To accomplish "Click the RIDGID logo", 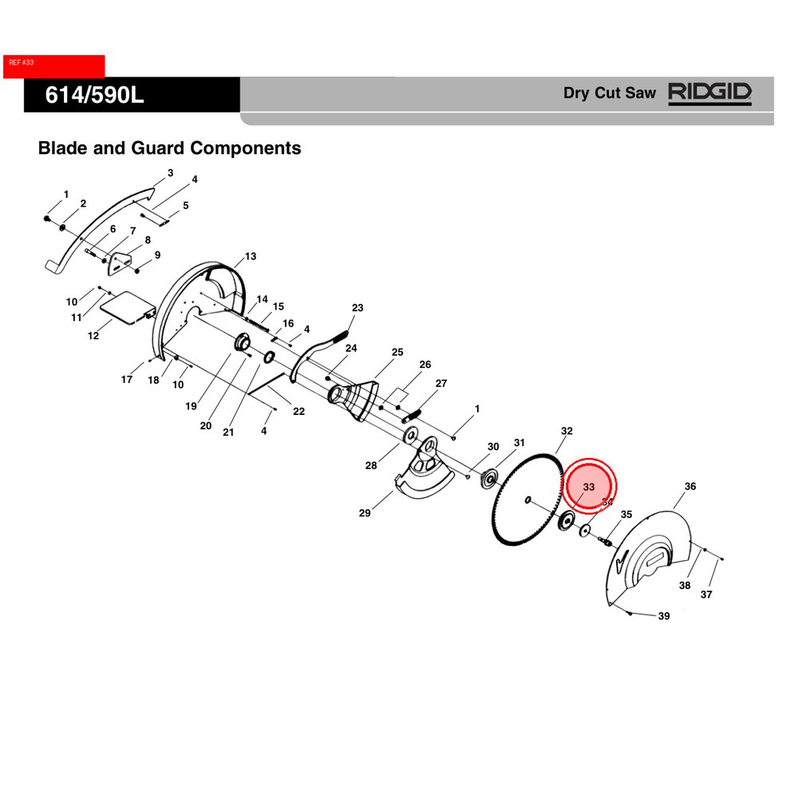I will (709, 93).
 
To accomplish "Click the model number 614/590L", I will (94, 96).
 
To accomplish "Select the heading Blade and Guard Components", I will (169, 148).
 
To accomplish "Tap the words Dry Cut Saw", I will (610, 93).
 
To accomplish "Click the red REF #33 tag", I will (53, 66).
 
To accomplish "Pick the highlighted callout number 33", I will (589, 487).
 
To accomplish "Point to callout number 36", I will (690, 486).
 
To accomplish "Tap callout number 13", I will (251, 256).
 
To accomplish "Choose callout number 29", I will (365, 513).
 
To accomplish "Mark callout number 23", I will (358, 308).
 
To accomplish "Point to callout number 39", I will (664, 616).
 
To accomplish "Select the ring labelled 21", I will (269, 356).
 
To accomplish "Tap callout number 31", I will (519, 443).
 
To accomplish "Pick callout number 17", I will (127, 380).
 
